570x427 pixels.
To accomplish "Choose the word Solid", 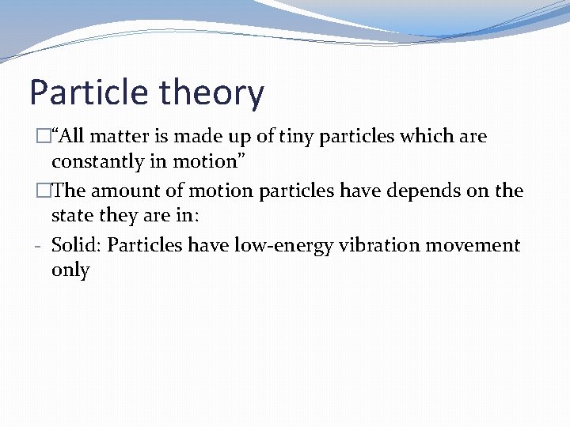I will click(76, 245).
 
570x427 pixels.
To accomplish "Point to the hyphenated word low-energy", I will click(284, 245).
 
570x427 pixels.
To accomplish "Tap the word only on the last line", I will click(70, 270).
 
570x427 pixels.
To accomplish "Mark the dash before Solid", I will click(38, 246).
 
